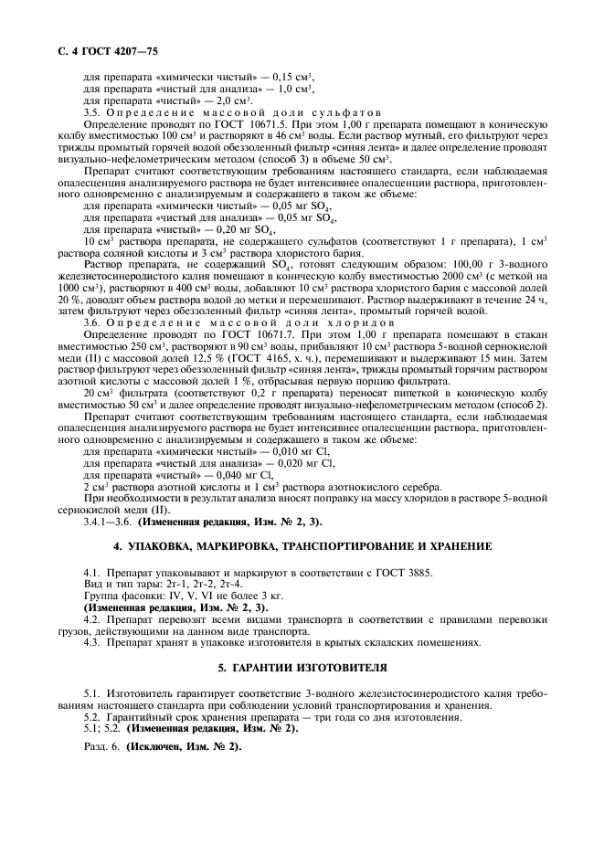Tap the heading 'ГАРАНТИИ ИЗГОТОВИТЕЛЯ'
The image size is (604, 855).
302,669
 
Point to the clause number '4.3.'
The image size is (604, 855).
93,642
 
